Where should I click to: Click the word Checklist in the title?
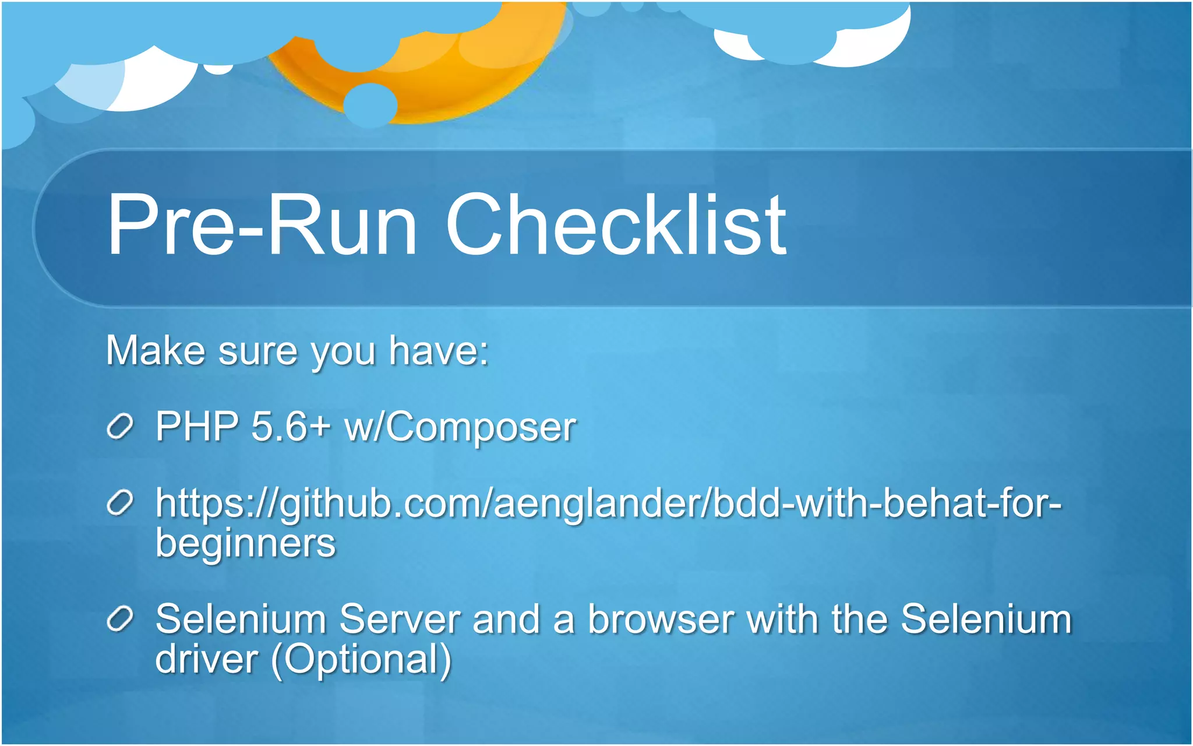616,226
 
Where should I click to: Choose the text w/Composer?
460,427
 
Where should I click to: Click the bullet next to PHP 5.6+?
121,427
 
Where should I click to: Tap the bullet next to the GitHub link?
121,503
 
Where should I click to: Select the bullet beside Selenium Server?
121,619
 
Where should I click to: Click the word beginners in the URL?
245,544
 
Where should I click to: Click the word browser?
661,619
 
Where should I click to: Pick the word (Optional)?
361,660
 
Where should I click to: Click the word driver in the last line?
206,659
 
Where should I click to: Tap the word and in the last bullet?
506,619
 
